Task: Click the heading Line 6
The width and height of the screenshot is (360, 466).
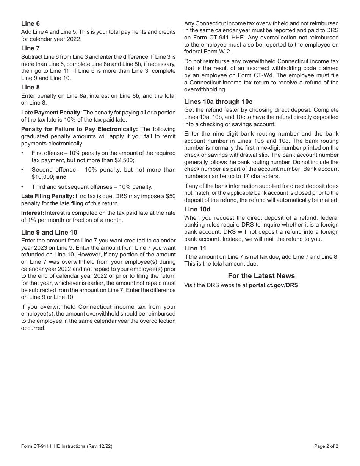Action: [x=30, y=24]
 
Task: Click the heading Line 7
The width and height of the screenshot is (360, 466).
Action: [x=30, y=48]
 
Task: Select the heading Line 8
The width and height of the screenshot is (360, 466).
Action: [x=30, y=87]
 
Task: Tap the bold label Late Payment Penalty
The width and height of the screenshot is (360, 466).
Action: [x=51, y=113]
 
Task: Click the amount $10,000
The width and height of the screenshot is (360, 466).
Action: [x=43, y=177]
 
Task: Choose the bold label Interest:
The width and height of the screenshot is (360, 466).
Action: [x=33, y=213]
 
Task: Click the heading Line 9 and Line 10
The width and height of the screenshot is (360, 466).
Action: [x=49, y=232]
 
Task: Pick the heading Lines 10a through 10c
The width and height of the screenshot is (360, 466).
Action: [x=218, y=102]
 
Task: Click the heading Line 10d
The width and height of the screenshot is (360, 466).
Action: [x=197, y=209]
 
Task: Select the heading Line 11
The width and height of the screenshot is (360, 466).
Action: [x=195, y=248]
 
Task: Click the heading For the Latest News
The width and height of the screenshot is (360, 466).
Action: [x=261, y=276]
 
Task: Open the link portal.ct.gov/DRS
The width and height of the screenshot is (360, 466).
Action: [x=273, y=285]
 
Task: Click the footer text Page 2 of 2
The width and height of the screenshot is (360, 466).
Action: [x=326, y=446]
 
